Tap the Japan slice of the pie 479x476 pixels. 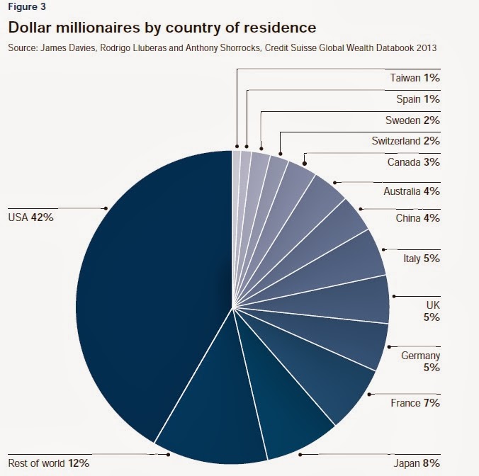coord(283,404)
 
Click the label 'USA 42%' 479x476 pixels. coord(30,217)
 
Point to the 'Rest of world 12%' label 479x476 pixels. coord(48,463)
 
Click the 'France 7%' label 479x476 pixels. coord(415,403)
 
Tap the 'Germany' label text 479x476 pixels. coord(420,356)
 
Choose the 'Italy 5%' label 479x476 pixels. coord(422,259)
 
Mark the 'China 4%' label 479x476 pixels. coord(417,217)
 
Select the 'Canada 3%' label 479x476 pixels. coord(414,162)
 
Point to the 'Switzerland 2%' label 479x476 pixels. coord(405,141)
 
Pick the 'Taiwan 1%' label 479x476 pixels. coord(415,77)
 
